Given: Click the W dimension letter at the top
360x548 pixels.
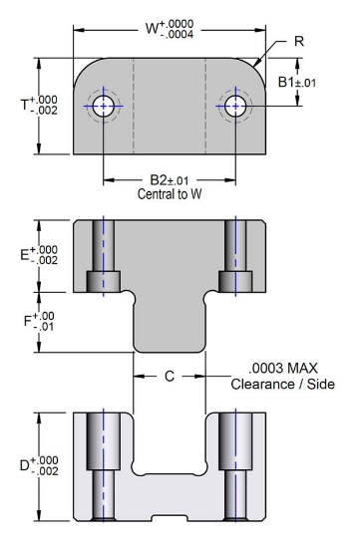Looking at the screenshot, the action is [x=152, y=28].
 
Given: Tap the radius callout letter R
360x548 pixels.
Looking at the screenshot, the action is [x=299, y=41].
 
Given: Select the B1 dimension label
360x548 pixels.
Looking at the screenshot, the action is [x=286, y=82].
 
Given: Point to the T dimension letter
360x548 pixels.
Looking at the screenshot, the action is [x=25, y=105].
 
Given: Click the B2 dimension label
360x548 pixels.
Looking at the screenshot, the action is [x=159, y=180].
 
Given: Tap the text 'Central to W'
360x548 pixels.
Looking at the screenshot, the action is [x=170, y=193].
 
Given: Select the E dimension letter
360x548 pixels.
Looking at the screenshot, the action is [x=24, y=255].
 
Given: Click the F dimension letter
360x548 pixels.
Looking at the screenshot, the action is [x=28, y=321].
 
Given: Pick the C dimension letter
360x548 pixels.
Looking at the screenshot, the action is [x=170, y=376].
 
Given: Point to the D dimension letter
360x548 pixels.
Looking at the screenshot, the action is [x=25, y=465].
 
